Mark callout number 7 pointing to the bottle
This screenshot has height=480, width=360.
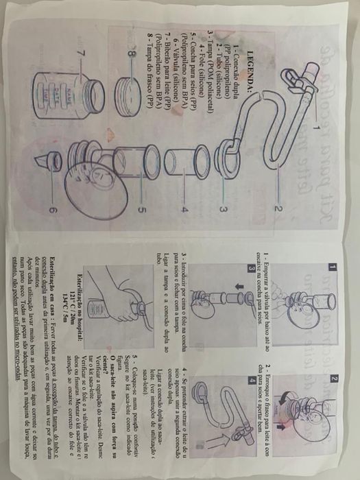(x=83, y=53)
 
